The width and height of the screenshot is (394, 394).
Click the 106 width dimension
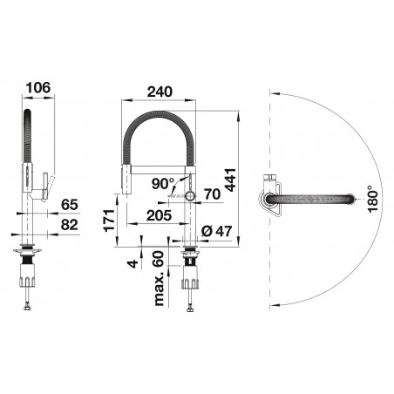[x=37, y=87]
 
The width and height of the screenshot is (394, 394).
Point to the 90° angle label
[x=163, y=183]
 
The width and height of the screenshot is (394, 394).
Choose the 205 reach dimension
[x=158, y=214]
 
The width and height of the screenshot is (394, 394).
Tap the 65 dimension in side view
[x=69, y=205]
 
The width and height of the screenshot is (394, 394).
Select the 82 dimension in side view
[x=69, y=224]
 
